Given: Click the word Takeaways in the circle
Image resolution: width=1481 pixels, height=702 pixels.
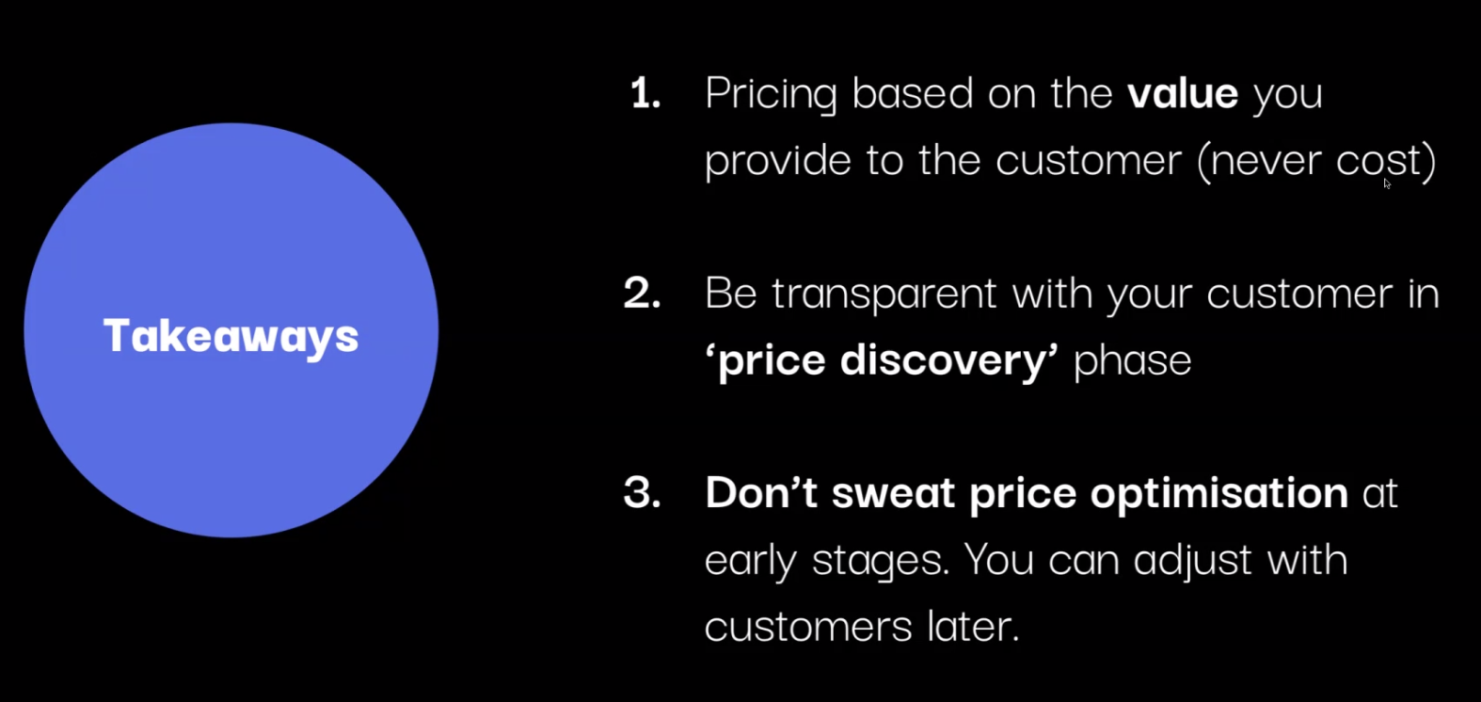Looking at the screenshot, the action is (x=231, y=337).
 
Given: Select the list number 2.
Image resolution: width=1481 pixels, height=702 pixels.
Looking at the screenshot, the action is (x=642, y=293).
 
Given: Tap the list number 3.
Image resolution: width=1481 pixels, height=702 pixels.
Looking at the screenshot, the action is (x=642, y=492).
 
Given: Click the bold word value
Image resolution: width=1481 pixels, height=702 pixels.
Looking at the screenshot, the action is (x=1183, y=93).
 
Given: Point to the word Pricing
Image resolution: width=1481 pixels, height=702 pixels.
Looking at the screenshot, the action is (x=771, y=94).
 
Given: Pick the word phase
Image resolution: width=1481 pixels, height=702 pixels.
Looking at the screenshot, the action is (x=1133, y=360).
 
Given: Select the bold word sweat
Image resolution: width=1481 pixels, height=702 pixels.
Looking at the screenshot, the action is (x=893, y=494).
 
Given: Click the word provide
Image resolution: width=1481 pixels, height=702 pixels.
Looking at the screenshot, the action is (x=777, y=161).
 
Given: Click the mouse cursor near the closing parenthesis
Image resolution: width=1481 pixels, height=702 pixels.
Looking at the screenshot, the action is (x=1387, y=183).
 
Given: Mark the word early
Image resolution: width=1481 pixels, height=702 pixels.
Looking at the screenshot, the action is (x=751, y=563).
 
